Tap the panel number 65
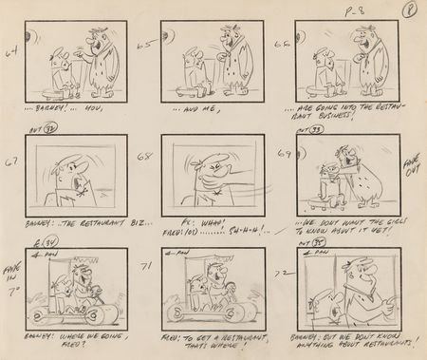point(145,45)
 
